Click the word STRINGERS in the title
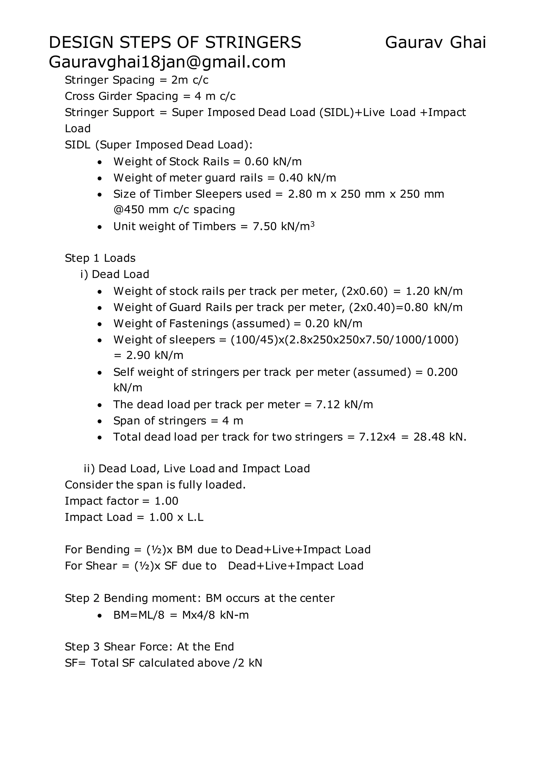253,43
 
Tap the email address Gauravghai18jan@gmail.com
167,62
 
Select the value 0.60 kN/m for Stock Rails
273,162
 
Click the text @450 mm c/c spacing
174,210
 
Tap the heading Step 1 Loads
100,258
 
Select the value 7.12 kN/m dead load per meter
344,405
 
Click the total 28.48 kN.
439,437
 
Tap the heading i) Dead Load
115,274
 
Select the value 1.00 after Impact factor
166,501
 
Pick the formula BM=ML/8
139,615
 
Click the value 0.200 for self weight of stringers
442,372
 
